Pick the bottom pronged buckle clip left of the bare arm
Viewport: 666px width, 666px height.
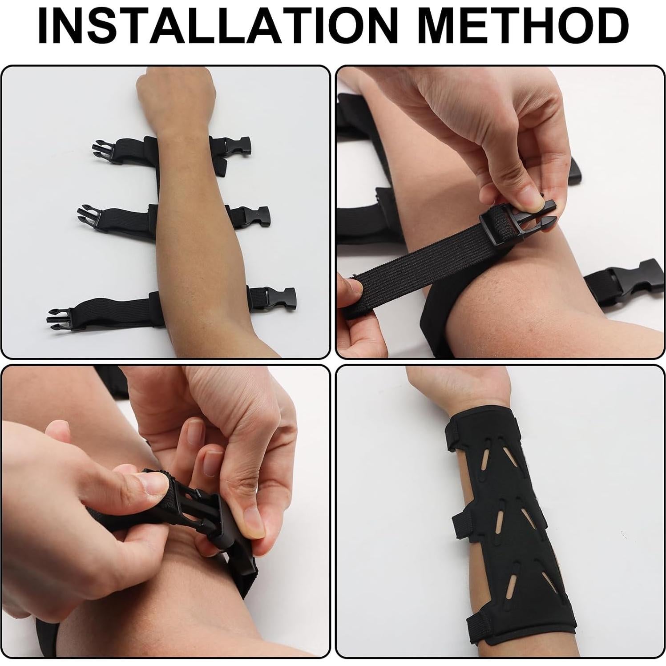pos(60,317)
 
